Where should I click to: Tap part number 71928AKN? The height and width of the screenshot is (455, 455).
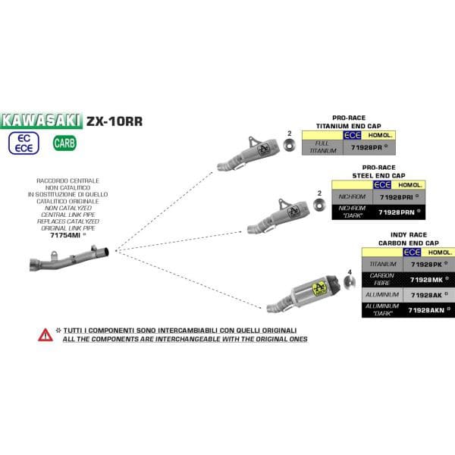pos(426,309)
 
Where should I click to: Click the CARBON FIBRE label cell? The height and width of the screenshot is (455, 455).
pos(383,279)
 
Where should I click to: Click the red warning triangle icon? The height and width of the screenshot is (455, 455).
pos(45,334)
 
